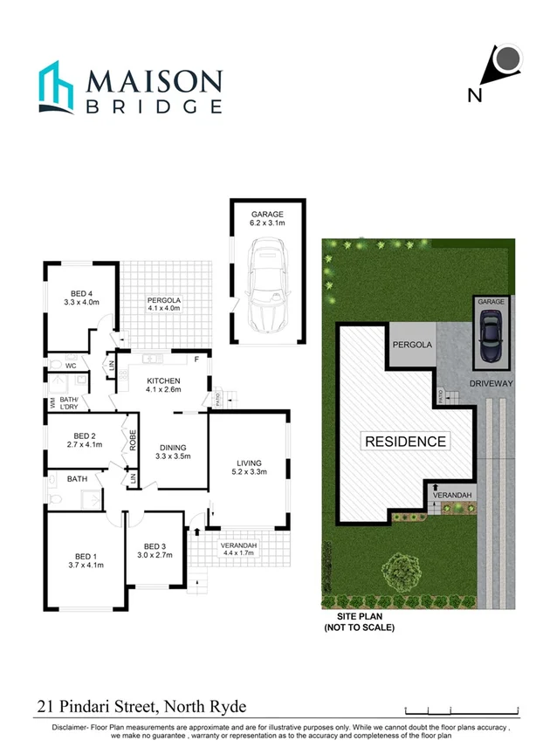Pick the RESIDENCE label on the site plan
(x=404, y=442)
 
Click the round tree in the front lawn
(x=402, y=573)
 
